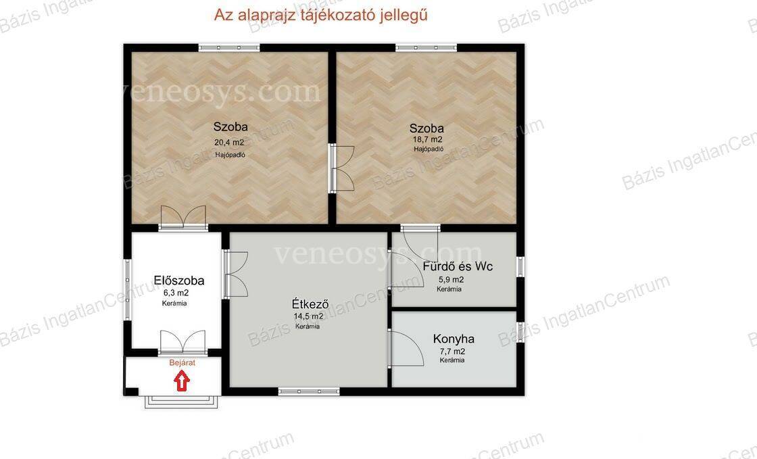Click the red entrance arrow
click(x=182, y=381)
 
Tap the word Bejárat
click(x=182, y=363)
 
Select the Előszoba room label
click(x=179, y=281)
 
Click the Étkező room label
click(x=310, y=304)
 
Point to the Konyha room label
click(x=454, y=339)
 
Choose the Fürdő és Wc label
click(x=458, y=266)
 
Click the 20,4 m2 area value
click(x=229, y=143)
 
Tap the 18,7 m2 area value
click(x=427, y=140)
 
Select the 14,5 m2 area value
click(x=308, y=316)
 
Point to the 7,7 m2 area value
click(x=451, y=352)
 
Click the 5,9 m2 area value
click(x=451, y=279)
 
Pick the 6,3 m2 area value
click(x=176, y=293)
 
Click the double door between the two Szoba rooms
click(x=342, y=168)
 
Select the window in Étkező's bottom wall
click(x=309, y=391)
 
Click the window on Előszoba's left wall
click(x=128, y=289)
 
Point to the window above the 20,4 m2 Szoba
click(x=229, y=48)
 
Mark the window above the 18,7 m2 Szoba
click(x=426, y=48)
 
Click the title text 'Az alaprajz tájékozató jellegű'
click(x=321, y=16)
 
